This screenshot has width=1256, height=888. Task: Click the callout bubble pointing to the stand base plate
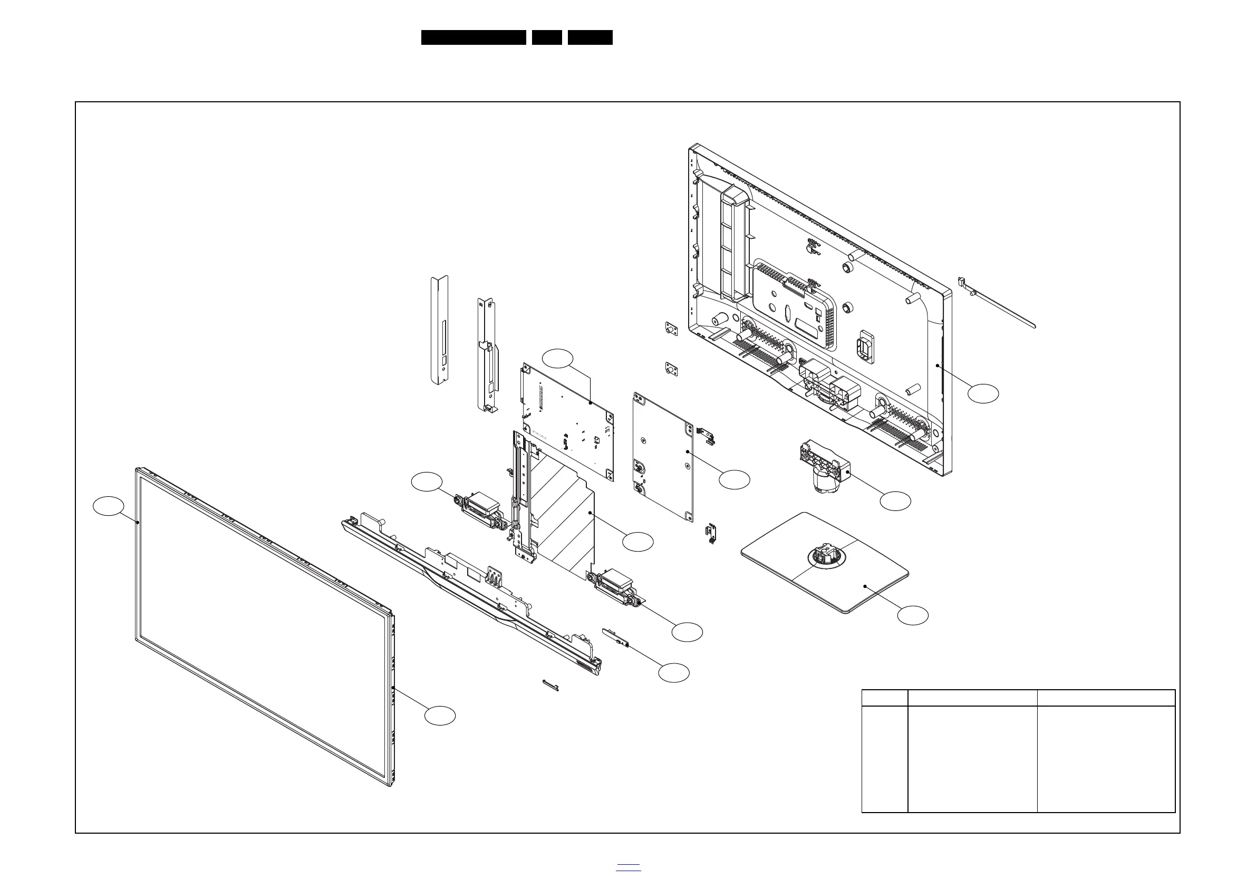(x=912, y=615)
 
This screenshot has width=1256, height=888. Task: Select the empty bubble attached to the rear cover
(x=983, y=393)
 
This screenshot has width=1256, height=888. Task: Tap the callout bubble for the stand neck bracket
(x=895, y=501)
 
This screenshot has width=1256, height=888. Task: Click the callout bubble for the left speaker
(x=427, y=481)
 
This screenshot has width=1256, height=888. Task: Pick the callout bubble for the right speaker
(x=687, y=632)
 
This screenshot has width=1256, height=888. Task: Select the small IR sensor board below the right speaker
(x=615, y=638)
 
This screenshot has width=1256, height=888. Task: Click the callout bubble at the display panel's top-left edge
(x=108, y=506)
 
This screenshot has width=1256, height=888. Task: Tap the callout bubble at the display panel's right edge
(x=440, y=716)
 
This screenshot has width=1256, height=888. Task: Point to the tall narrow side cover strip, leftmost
(x=439, y=330)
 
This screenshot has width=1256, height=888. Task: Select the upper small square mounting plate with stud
(x=671, y=329)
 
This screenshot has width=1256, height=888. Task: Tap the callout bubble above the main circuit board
(x=557, y=359)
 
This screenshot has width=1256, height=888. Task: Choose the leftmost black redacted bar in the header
(x=473, y=37)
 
